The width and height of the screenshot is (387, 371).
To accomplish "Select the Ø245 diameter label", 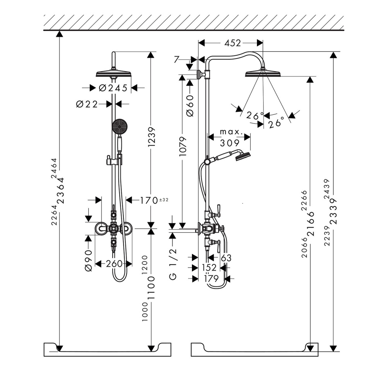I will [113, 88].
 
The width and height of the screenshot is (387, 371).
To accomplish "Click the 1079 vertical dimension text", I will [183, 146].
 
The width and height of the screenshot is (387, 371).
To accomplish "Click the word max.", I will [231, 132].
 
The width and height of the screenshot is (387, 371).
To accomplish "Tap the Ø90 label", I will [89, 260].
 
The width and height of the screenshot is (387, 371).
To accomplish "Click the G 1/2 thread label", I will [173, 264].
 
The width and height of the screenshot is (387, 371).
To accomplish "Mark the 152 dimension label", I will [209, 267].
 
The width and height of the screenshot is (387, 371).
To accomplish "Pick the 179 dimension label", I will [211, 278].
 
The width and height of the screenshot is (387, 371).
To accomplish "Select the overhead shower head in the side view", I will [263, 73].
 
